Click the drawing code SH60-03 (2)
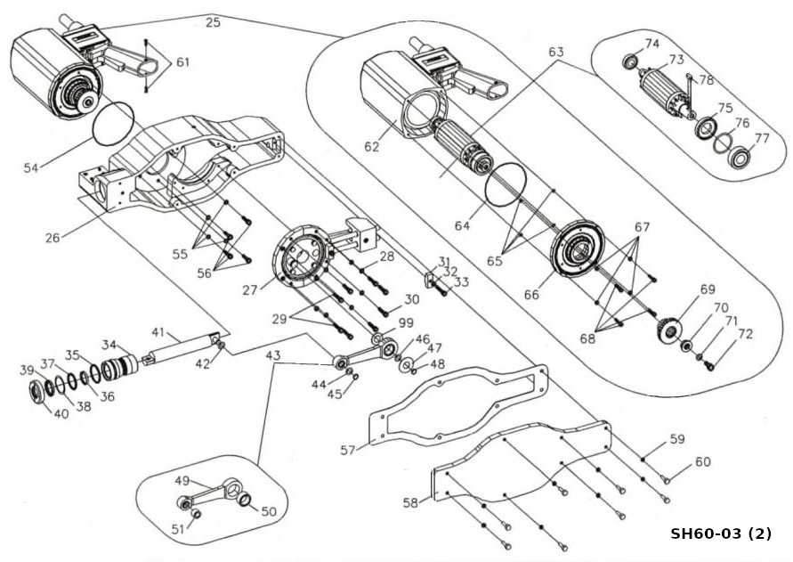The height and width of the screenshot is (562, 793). click(x=721, y=533)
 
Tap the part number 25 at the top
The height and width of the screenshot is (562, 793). click(x=213, y=21)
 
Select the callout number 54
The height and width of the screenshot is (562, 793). click(x=31, y=167)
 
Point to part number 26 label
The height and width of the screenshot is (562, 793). click(x=53, y=237)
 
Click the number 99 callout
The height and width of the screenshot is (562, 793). click(x=406, y=323)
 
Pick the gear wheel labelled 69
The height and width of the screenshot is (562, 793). click(x=668, y=330)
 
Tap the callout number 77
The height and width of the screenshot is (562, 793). click(x=762, y=138)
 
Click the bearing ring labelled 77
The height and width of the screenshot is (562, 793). click(x=742, y=158)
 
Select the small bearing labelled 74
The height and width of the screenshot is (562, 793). click(x=629, y=61)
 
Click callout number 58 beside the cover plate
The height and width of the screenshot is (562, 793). click(x=410, y=502)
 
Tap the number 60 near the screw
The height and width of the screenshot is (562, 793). click(x=702, y=461)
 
